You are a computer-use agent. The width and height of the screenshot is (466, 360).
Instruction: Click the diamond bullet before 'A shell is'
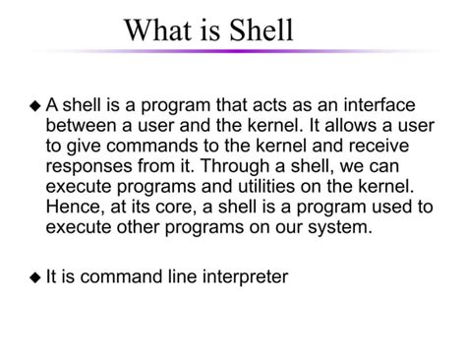35,106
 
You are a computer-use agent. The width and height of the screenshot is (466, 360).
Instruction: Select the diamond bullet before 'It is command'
35,278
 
